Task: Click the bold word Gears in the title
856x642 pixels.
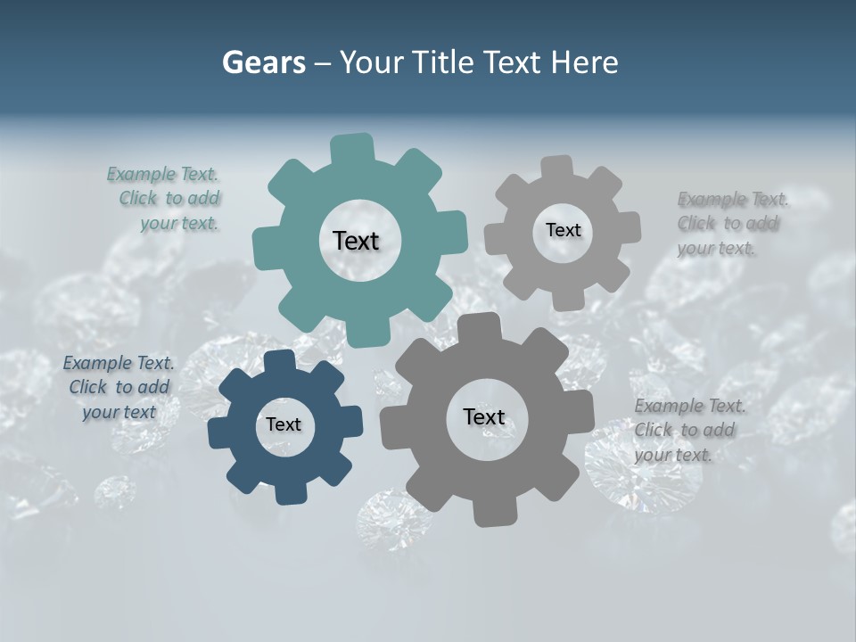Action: coord(263,62)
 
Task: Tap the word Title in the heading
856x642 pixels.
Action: coord(443,62)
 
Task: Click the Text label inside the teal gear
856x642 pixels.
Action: coord(356,241)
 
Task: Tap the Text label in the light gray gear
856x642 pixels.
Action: coord(563,230)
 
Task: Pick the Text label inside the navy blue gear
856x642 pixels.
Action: coord(284,424)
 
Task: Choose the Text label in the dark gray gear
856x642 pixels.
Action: coord(484,416)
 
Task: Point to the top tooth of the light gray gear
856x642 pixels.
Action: coord(557,169)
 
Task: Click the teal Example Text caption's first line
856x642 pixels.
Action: coord(162,174)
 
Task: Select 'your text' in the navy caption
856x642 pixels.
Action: coord(119,412)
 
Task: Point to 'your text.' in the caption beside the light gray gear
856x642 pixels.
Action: coord(716,249)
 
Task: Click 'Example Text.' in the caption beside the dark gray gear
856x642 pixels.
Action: coord(690,407)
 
